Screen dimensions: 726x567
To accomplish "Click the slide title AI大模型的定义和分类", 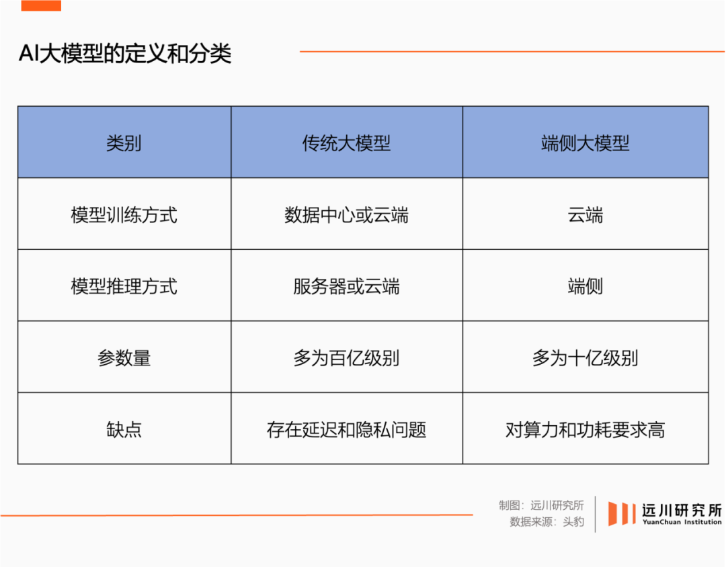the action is (x=125, y=54).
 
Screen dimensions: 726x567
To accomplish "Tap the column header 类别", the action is (x=124, y=143).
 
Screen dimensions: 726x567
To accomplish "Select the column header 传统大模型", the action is (x=346, y=143).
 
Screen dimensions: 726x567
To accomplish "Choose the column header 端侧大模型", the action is (x=586, y=143).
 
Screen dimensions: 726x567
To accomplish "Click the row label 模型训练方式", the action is (x=124, y=215).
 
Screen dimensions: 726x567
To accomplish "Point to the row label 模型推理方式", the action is (x=124, y=286).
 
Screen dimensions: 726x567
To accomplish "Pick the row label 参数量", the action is (x=124, y=358).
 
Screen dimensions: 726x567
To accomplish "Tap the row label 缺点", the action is (x=124, y=429).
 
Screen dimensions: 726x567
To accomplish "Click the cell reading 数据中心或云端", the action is (x=346, y=215).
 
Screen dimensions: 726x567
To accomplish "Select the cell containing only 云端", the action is (x=586, y=215).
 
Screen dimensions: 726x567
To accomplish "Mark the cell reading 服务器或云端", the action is (x=346, y=286).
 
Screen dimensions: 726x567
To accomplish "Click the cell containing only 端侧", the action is (x=586, y=286).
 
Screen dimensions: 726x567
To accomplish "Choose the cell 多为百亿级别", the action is (x=346, y=358).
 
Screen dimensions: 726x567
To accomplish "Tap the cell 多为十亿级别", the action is (x=586, y=358).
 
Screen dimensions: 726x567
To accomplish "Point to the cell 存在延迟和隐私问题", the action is (x=346, y=429).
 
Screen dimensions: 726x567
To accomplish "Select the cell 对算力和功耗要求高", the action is (x=586, y=429).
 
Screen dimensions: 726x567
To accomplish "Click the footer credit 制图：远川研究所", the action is (x=541, y=505).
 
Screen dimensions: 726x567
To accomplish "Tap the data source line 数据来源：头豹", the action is (x=547, y=521).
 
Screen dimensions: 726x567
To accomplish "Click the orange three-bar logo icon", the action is (x=621, y=514).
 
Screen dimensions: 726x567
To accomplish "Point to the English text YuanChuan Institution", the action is (x=682, y=522).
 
